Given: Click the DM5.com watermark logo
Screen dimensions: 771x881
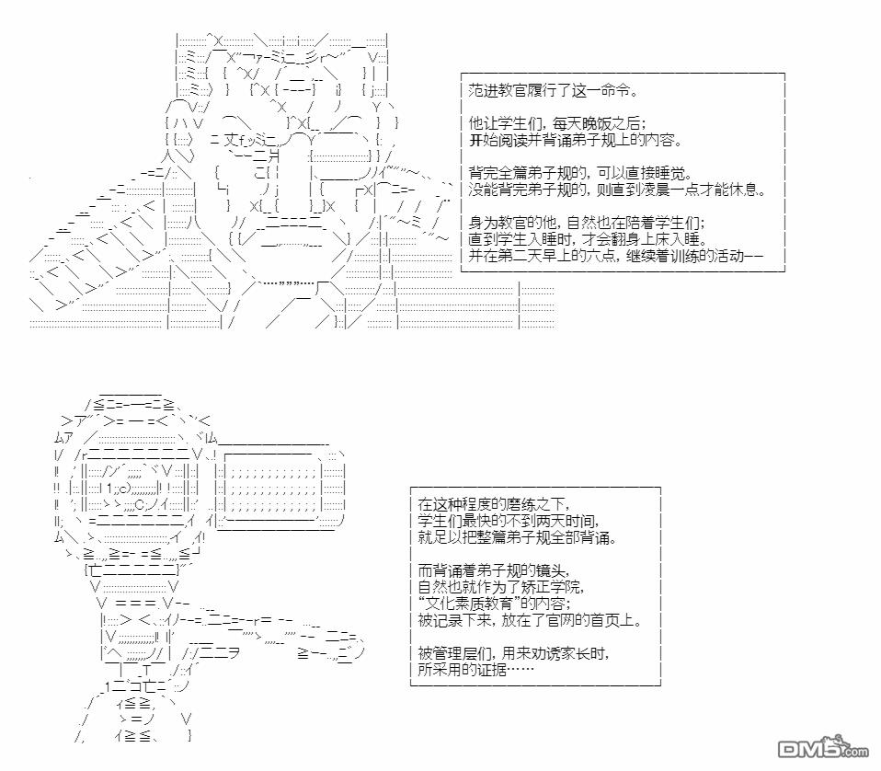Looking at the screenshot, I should pos(821,748).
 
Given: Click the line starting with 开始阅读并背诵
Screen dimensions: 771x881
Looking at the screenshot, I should pos(575,141).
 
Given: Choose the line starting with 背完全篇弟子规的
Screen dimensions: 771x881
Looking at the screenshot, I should pos(579,174).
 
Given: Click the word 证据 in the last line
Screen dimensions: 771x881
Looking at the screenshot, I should pos(502,670).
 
